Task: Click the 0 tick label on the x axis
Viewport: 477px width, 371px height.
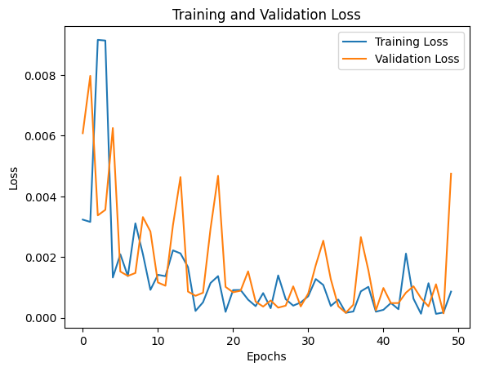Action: pyautogui.click(x=82, y=340)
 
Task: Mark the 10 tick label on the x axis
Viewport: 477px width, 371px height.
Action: pyautogui.click(x=158, y=340)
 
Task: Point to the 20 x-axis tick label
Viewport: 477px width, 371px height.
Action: pyautogui.click(x=233, y=340)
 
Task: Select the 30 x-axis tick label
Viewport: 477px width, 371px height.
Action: pyautogui.click(x=308, y=340)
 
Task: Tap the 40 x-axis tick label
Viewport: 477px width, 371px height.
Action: pyautogui.click(x=383, y=340)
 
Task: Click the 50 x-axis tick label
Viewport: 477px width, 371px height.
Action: pyautogui.click(x=458, y=340)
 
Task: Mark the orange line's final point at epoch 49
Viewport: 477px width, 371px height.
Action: pyautogui.click(x=451, y=174)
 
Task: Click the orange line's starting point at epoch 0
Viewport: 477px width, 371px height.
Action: pyautogui.click(x=82, y=133)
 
